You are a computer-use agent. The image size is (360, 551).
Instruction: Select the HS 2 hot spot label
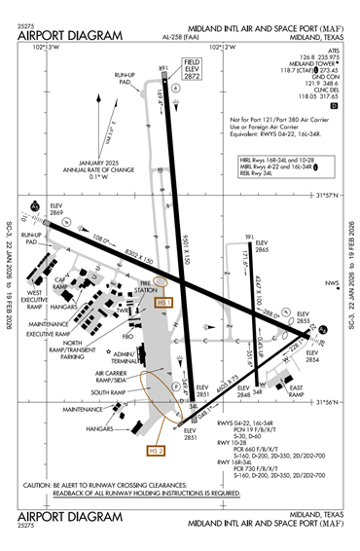pyautogui.click(x=153, y=451)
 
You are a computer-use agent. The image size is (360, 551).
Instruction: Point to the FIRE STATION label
pyautogui.click(x=146, y=287)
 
